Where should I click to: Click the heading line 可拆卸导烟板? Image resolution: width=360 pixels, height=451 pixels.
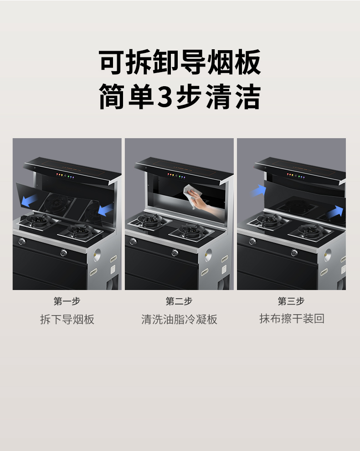point(180,62)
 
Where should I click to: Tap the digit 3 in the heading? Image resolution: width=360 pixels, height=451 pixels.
point(164,97)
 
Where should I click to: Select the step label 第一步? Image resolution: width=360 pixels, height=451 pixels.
point(67,301)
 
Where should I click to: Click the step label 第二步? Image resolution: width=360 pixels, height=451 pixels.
point(179,301)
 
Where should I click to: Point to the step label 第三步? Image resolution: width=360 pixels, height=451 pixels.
point(291,301)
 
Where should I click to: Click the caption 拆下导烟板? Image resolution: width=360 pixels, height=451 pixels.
point(67,319)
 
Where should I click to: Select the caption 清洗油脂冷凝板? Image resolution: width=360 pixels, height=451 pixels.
point(179,319)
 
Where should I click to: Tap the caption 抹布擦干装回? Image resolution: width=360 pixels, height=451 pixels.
point(292,319)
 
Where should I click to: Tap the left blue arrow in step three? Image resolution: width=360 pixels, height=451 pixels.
point(259,190)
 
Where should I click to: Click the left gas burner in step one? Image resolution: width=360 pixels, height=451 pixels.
point(38,221)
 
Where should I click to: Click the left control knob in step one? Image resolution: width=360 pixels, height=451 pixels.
point(22,241)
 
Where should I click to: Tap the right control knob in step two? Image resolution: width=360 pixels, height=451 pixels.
point(175,253)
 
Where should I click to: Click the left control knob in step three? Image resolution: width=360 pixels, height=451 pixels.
point(252,241)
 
